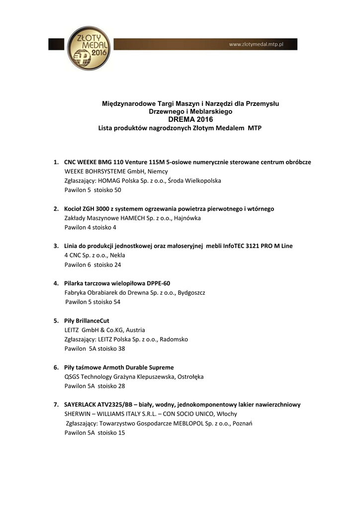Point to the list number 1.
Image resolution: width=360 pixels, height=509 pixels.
56,162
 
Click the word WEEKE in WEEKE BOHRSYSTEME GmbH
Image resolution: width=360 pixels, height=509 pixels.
74,171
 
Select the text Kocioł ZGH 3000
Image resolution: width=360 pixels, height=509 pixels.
89,209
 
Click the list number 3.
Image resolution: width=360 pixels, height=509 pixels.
56,246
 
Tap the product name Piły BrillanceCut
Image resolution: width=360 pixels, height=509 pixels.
87,321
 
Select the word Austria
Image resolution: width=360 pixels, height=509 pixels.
136,330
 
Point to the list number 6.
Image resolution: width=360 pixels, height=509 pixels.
56,367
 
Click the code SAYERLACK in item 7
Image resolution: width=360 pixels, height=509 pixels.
82,405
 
